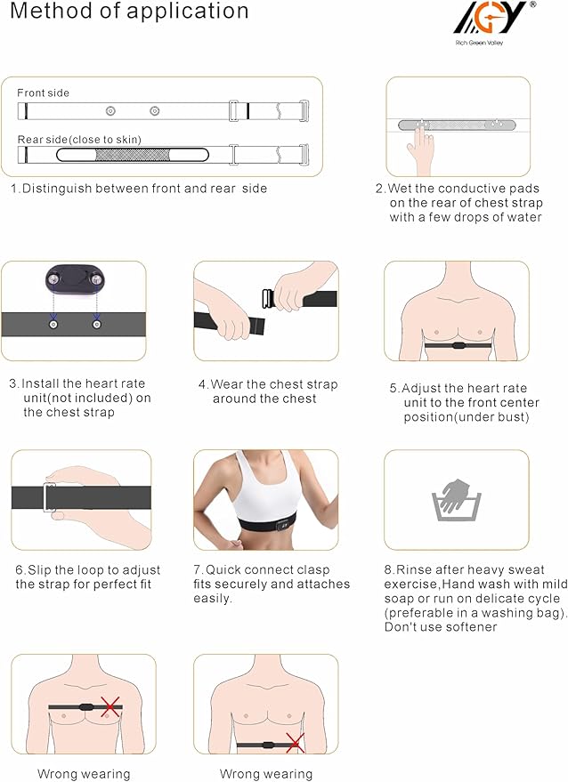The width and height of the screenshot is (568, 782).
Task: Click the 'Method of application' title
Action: click(129, 12)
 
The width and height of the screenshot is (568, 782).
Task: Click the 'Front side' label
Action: click(43, 93)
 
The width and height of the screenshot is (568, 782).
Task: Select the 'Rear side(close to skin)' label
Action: click(79, 139)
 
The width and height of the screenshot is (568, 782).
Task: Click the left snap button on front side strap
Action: click(110, 111)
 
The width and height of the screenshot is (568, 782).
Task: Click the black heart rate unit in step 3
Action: click(72, 282)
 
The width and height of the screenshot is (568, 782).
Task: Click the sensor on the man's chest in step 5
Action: click(456, 343)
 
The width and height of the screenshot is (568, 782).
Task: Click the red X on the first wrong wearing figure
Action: click(110, 708)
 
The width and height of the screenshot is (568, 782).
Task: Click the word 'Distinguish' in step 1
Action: click(59, 189)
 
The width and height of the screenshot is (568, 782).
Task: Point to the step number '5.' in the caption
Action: click(394, 389)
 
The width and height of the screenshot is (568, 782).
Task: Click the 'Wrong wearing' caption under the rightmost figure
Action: click(266, 774)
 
